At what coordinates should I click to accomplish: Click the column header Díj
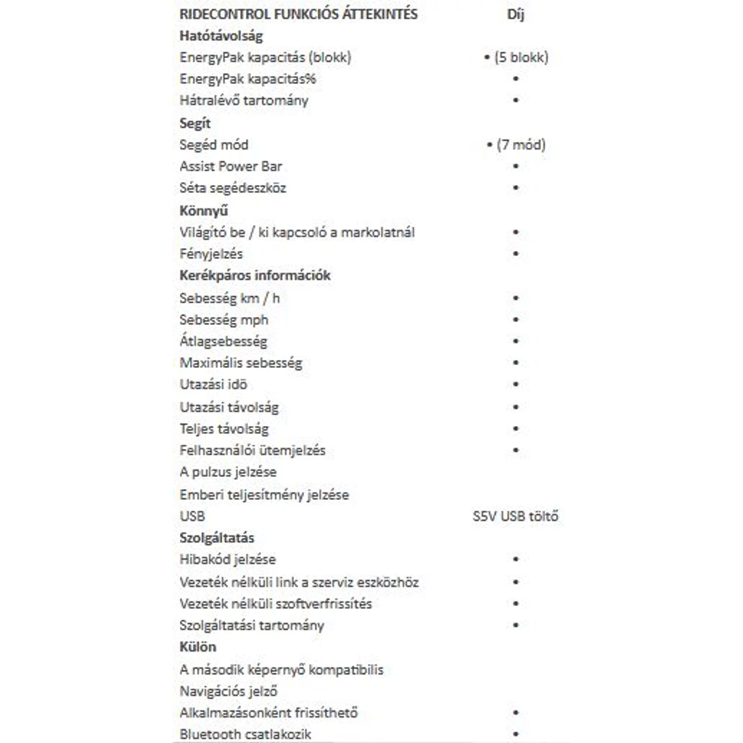(x=515, y=15)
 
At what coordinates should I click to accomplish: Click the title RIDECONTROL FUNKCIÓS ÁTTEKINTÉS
(x=298, y=15)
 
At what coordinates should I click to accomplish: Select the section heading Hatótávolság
(x=221, y=36)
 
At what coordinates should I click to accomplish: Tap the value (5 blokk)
(x=521, y=57)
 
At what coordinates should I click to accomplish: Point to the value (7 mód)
(x=521, y=145)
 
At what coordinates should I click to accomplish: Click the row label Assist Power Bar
(x=231, y=166)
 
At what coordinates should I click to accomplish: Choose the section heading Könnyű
(x=204, y=210)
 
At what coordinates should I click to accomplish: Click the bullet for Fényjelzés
(x=516, y=254)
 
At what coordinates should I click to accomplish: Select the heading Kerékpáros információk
(x=255, y=276)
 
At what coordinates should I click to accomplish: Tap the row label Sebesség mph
(x=223, y=319)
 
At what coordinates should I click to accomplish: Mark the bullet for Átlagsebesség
(x=516, y=341)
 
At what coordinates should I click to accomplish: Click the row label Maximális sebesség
(x=241, y=363)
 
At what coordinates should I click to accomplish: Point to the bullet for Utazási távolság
(x=516, y=407)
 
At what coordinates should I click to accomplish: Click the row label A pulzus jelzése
(x=228, y=472)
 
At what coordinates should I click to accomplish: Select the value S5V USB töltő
(x=515, y=517)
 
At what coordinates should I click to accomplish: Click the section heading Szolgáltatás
(x=216, y=538)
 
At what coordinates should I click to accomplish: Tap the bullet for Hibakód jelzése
(x=516, y=559)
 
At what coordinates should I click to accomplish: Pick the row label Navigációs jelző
(x=229, y=691)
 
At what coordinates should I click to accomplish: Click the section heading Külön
(x=197, y=647)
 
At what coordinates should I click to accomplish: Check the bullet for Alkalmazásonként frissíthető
(x=516, y=713)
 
